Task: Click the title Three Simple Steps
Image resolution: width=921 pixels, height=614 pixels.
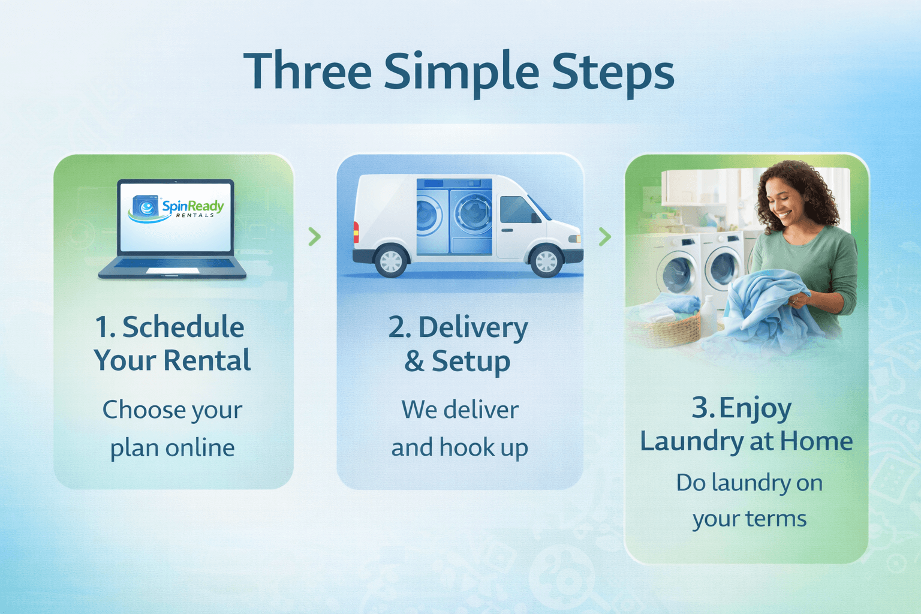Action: [459, 72]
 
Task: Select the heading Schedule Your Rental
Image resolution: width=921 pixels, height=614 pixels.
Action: [172, 344]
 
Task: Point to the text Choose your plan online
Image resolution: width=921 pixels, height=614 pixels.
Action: [172, 429]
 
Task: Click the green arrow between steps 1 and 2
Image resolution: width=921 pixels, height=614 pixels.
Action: [314, 236]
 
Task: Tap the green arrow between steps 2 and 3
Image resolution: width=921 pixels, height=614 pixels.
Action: [604, 236]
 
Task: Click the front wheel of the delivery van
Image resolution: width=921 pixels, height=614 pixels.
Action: [546, 261]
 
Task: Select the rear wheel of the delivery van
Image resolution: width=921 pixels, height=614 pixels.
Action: [391, 261]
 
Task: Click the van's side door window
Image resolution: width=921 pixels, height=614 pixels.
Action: [515, 209]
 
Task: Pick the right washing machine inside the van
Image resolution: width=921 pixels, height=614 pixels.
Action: [471, 216]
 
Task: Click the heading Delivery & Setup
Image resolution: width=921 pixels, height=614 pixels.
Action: [459, 344]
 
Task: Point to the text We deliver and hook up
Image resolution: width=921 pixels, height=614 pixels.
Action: [459, 429]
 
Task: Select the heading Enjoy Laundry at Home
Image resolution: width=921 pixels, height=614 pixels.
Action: [746, 425]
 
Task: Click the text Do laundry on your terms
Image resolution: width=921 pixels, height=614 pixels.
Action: [749, 501]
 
